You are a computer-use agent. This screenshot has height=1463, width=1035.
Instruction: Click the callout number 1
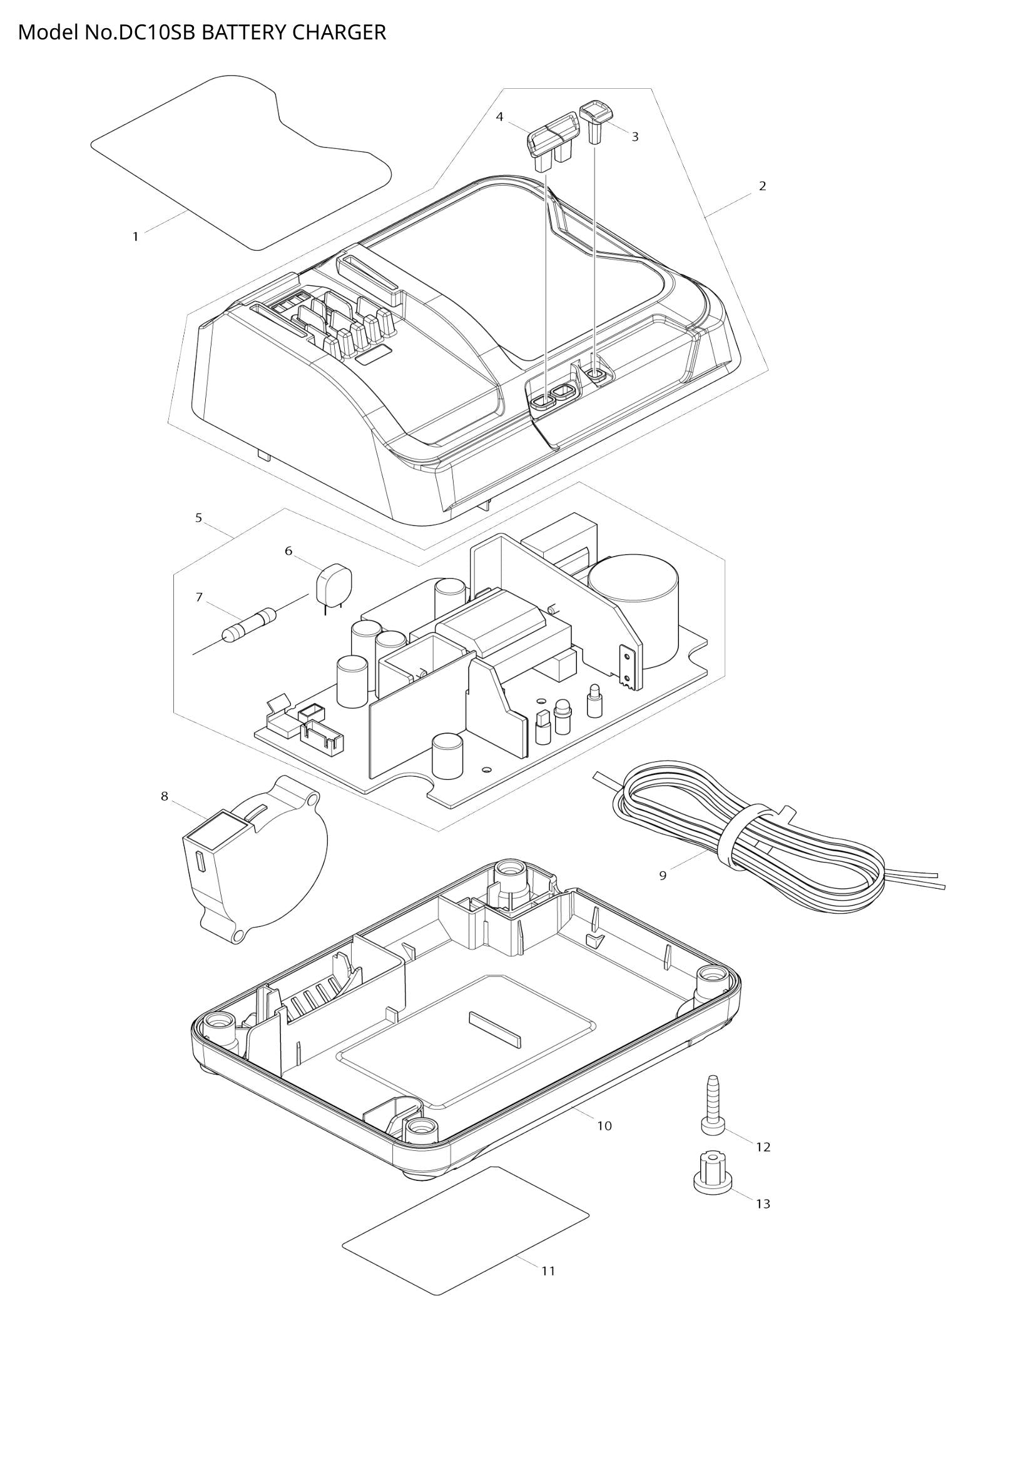click(x=135, y=236)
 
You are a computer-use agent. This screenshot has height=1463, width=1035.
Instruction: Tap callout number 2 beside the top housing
click(x=762, y=186)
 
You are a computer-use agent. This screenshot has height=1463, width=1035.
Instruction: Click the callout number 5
click(x=199, y=518)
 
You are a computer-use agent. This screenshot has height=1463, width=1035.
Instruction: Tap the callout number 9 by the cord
click(x=663, y=876)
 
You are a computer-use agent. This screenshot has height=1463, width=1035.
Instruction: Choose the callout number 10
click(x=604, y=1126)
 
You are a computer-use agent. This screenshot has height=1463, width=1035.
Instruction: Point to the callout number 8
click(x=165, y=796)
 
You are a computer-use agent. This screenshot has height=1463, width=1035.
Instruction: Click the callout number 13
click(x=763, y=1203)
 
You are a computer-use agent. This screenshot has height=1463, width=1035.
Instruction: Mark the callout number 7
click(x=199, y=597)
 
